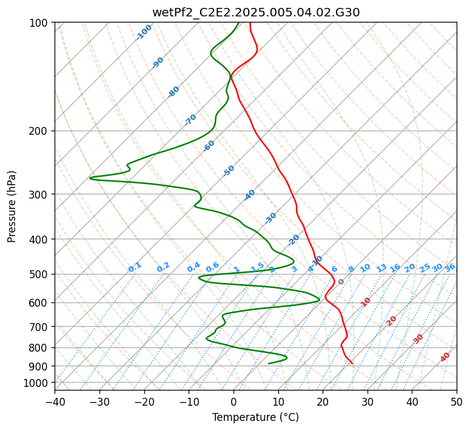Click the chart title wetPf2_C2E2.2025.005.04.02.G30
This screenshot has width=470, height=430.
pos(256,12)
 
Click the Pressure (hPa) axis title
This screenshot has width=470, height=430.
pos(12,206)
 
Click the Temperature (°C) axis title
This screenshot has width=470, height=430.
pos(256,417)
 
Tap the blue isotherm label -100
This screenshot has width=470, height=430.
pos(144,32)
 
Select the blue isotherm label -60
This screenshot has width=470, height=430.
pos(209,146)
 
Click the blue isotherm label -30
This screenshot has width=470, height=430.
pos(270,218)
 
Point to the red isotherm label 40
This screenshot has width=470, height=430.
pos(445,357)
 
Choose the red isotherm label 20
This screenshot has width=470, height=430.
pos(391,321)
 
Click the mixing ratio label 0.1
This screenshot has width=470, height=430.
pos(135,267)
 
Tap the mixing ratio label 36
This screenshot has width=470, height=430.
pos(450,268)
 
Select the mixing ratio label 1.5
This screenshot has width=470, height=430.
pos(258,267)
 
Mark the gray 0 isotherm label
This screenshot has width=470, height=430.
pos(341,282)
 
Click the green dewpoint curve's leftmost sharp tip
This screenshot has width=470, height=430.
pos(90,179)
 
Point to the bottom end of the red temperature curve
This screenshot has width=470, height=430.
pos(352,364)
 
